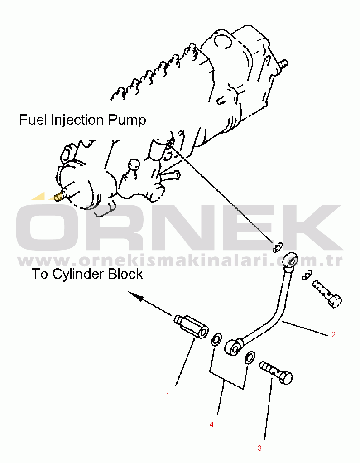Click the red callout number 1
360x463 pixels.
pyautogui.click(x=168, y=395)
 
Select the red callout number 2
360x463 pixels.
pyautogui.click(x=333, y=334)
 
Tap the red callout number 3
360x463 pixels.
pyautogui.click(x=259, y=448)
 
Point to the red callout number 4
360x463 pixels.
pyautogui.click(x=211, y=424)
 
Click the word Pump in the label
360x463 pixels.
pyautogui.click(x=127, y=121)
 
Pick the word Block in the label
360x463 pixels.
pyautogui.click(x=125, y=274)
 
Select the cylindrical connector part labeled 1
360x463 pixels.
pyautogui.click(x=191, y=327)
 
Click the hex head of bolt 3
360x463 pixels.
pyautogui.click(x=285, y=378)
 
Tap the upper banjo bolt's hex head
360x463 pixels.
pyautogui.click(x=335, y=301)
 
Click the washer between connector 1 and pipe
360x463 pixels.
pyautogui.click(x=216, y=339)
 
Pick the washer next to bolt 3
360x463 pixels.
pyautogui.click(x=250, y=357)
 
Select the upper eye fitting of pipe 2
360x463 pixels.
pyautogui.click(x=290, y=260)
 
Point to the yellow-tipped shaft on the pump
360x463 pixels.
pyautogui.click(x=58, y=196)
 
